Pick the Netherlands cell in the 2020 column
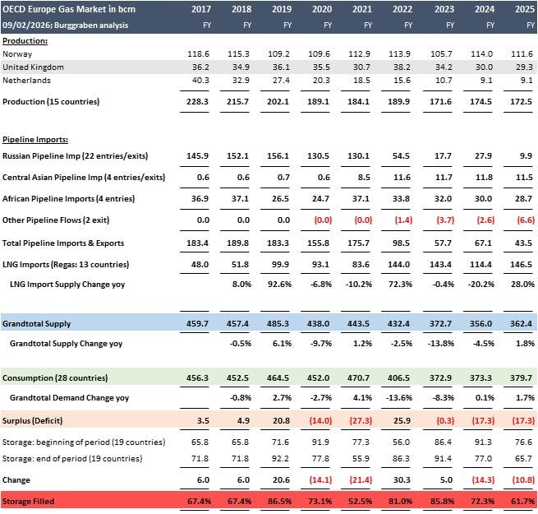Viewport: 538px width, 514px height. tap(320, 81)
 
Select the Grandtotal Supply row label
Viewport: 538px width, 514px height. tap(34, 325)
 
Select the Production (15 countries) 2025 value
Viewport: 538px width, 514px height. tap(522, 101)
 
